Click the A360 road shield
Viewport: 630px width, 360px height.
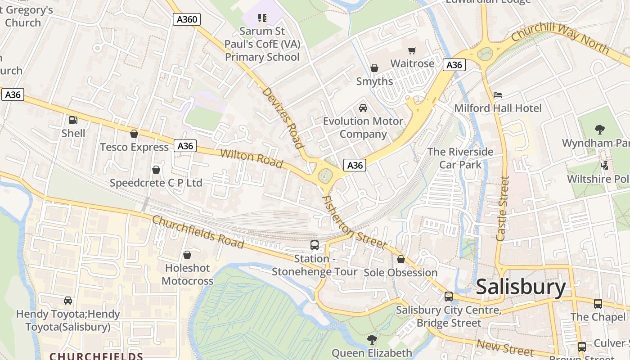[x=187, y=19]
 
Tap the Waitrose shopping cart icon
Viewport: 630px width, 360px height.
[x=412, y=50]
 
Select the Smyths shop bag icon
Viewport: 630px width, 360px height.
[x=374, y=68]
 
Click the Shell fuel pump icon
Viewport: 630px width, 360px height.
[x=73, y=120]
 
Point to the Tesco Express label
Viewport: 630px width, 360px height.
[x=134, y=147]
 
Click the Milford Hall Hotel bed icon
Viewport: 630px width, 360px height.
[x=498, y=95]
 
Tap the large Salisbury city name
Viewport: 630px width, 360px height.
[x=521, y=287]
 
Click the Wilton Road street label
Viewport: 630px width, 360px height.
[x=252, y=158]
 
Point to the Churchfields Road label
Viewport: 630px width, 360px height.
[x=198, y=232]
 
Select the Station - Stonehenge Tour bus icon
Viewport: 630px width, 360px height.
[x=315, y=245]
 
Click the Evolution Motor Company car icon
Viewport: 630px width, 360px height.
[x=363, y=108]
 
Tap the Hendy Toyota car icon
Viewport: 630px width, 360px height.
[x=68, y=301]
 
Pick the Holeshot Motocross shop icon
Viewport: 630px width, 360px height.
[x=187, y=255]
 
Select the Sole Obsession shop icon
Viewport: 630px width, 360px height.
[x=400, y=260]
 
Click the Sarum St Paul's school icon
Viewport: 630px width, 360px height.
[x=262, y=18]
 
